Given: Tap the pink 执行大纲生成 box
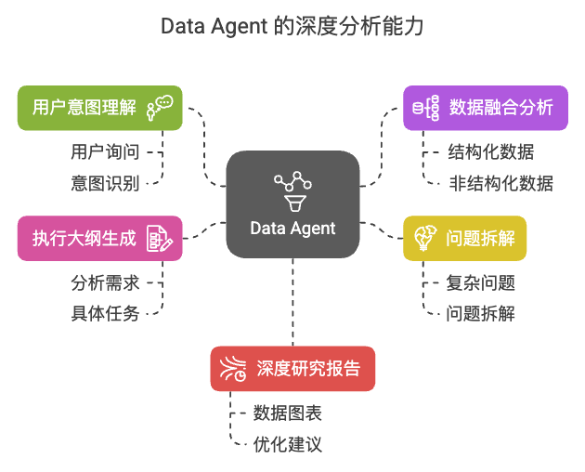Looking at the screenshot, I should point(100,239).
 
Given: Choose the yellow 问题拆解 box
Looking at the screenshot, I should point(464,239).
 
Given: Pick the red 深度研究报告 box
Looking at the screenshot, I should point(292,369).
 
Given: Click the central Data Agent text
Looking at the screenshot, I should point(292,229).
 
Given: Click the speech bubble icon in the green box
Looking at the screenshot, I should point(160,108).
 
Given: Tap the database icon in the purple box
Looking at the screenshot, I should point(425,108).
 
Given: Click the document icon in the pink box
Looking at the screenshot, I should point(160,239).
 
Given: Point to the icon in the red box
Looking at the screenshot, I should point(233,369).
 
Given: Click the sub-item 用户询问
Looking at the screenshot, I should point(105,152).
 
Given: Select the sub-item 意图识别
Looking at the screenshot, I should point(105,183).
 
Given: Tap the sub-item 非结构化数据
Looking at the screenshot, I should point(500,183).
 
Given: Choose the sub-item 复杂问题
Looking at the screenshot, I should point(480,282).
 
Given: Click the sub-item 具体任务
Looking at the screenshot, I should point(105,313).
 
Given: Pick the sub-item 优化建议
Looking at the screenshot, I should point(287,444).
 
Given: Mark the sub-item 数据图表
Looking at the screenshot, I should point(287,413).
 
